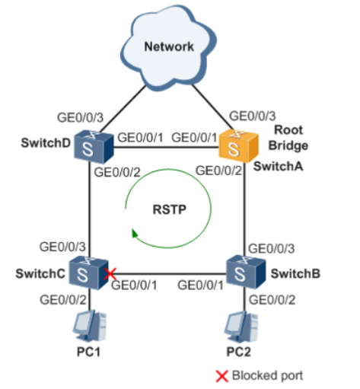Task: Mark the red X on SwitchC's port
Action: pos(111,273)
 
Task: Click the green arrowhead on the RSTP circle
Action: pos(135,233)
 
